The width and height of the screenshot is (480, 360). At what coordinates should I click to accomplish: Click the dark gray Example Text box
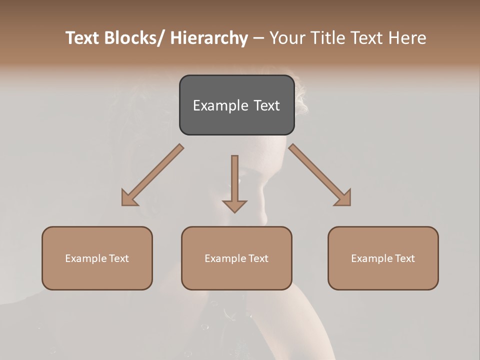pos(236,105)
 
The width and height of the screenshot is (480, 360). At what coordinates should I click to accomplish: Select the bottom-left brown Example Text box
pos(97,258)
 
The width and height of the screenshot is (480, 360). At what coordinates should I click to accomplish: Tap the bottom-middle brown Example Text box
pos(236,258)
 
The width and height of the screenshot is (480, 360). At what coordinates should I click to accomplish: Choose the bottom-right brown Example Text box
pos(383,258)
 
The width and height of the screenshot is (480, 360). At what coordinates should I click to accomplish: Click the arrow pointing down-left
pos(152,175)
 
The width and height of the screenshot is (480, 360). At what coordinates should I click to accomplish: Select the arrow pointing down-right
pos(320,175)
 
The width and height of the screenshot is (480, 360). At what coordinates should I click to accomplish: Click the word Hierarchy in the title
pos(209,38)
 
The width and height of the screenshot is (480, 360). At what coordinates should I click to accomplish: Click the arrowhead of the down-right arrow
pos(344,199)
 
